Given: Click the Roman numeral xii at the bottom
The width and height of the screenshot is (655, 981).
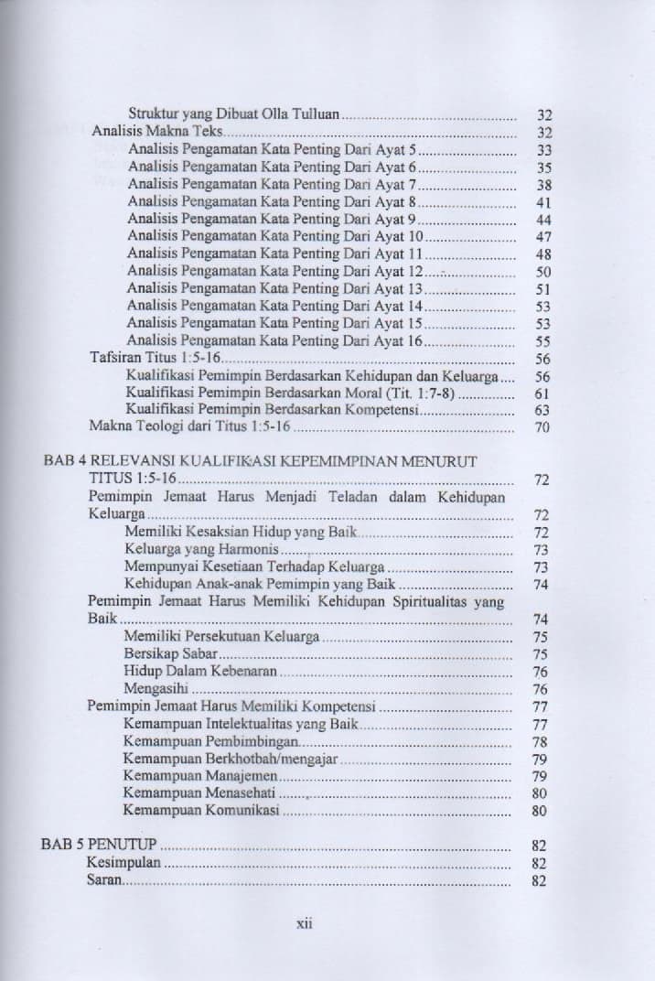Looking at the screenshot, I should coord(306,924).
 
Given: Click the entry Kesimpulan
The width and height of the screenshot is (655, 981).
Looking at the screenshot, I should coord(124,863).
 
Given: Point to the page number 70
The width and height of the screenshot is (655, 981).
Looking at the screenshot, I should coord(542,427).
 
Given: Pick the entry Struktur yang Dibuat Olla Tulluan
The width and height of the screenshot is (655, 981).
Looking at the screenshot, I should coord(234,115).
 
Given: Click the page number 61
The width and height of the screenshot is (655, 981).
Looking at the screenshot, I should coord(542,393).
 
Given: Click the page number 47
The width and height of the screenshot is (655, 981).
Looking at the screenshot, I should coord(542,236).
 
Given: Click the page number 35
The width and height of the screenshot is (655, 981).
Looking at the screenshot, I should coord(542,167).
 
